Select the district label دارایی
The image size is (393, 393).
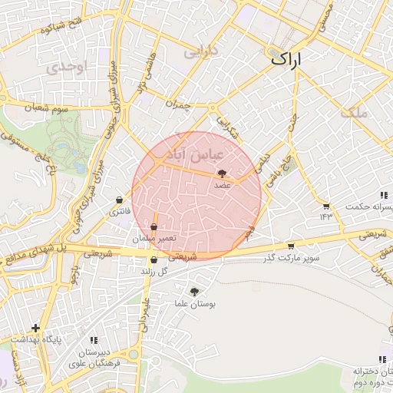(x=203, y=51)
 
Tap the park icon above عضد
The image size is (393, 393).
(x=223, y=174)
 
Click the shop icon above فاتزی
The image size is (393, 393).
(x=119, y=200)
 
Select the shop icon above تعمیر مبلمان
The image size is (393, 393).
(x=154, y=228)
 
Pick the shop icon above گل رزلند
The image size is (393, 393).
(x=154, y=259)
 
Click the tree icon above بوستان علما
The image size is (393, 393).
(x=193, y=292)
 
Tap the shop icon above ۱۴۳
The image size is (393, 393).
(x=326, y=206)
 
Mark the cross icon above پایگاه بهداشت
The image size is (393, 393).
(x=35, y=329)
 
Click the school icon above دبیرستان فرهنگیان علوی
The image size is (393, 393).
(x=94, y=340)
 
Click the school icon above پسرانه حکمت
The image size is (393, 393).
(x=382, y=196)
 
